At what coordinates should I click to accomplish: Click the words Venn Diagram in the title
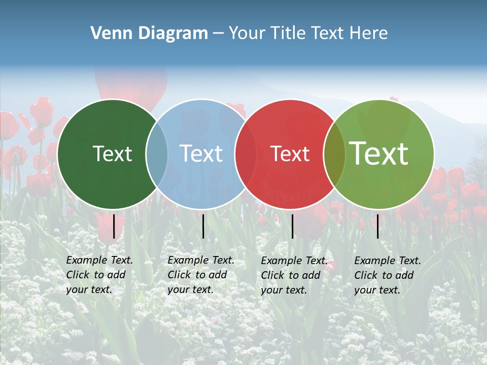coord(149,33)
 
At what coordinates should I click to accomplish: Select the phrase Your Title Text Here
coord(308,33)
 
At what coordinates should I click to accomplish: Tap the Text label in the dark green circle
coord(112,154)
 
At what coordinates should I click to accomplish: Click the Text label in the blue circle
coord(201,154)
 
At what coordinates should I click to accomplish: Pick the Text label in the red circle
coord(290,154)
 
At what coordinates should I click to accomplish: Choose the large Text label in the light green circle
coord(379,153)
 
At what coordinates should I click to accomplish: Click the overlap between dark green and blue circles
coord(157,154)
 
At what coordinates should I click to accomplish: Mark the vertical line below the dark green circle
coord(114,226)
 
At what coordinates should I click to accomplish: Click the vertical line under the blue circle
coord(203,226)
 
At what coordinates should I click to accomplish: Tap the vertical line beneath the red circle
coord(292,226)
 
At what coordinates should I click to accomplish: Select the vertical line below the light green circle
coord(378,226)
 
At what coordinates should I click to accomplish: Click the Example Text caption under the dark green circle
coord(99,275)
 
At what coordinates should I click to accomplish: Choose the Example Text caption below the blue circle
coord(201,275)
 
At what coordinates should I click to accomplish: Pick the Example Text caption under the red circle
coord(294,275)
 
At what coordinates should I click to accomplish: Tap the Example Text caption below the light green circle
coord(388,275)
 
